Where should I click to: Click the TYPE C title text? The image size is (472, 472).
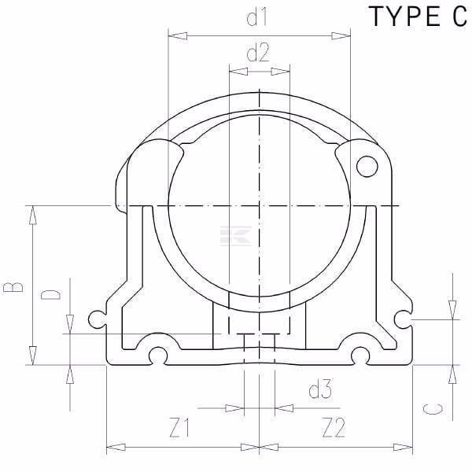(x=419, y=17)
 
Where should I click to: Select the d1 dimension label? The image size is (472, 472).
(x=256, y=17)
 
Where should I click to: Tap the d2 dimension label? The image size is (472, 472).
(x=258, y=53)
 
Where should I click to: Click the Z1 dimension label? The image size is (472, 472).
(x=179, y=427)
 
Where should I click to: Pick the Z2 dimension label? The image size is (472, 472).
(x=334, y=427)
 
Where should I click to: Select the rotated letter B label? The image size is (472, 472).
(x=13, y=287)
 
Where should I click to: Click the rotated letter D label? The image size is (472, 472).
(x=50, y=295)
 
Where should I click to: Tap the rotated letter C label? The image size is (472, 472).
(x=433, y=409)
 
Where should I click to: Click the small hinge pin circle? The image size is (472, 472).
(x=367, y=166)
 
